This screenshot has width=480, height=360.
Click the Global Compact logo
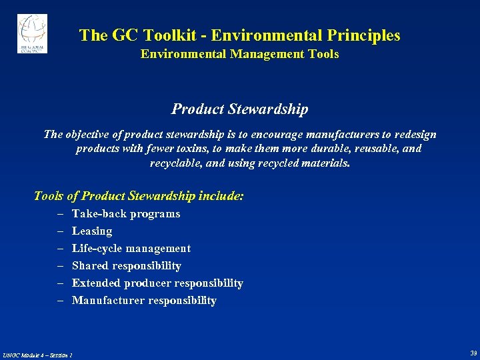click(x=32, y=33)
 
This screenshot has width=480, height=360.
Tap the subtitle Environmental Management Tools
click(x=239, y=54)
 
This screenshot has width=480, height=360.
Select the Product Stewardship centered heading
click(x=239, y=108)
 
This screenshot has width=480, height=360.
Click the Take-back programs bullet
click(x=125, y=214)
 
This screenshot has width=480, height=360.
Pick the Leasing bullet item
click(x=91, y=231)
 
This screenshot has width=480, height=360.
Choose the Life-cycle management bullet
click(x=131, y=249)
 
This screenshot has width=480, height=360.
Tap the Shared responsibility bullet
click(x=126, y=266)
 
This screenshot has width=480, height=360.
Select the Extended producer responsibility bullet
click(x=157, y=283)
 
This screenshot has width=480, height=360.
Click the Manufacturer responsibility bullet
click(x=143, y=301)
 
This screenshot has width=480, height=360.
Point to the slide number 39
click(x=473, y=353)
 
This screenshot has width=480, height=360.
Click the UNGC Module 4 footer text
click(x=37, y=354)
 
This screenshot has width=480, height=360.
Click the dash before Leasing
click(x=59, y=231)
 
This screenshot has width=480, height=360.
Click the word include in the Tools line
click(x=221, y=196)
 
